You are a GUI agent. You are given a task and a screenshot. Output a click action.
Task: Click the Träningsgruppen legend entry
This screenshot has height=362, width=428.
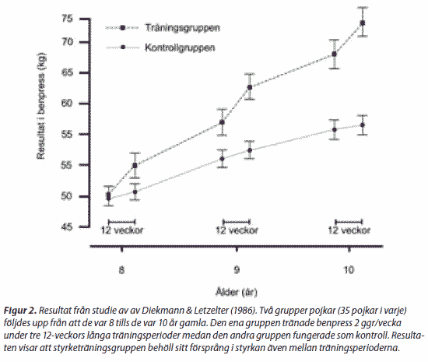163,27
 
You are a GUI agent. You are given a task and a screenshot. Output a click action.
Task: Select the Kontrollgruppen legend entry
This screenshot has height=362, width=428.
160,47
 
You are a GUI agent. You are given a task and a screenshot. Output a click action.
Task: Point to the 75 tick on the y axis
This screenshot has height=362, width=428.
68,19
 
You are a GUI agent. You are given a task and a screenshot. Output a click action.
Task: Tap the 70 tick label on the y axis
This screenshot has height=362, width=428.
68,42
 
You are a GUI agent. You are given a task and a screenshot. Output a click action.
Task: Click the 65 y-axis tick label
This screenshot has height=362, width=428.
68,72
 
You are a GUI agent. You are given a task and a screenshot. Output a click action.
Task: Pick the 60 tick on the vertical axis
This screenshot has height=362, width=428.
68,104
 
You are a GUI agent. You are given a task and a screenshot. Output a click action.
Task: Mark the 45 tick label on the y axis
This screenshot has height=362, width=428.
68,227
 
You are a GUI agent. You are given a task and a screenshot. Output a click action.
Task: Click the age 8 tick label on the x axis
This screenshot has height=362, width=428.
121,270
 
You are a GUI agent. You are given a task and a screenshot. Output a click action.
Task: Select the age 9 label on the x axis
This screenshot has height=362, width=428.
237,270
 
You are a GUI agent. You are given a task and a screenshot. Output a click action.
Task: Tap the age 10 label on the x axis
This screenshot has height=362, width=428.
349,270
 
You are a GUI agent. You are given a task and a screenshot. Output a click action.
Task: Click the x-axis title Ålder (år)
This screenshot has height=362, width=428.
237,292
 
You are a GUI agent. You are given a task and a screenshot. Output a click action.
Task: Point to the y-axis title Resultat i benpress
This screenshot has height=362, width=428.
41,106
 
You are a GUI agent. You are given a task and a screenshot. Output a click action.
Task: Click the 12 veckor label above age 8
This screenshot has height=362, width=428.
122,230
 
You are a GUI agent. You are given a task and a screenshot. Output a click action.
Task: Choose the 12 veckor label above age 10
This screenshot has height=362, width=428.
349,230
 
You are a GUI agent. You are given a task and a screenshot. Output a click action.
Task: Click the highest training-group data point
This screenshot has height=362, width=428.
363,23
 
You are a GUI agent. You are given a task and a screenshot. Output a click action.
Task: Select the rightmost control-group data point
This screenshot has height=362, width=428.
363,125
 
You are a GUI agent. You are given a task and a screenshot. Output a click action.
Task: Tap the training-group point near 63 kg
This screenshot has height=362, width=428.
250,87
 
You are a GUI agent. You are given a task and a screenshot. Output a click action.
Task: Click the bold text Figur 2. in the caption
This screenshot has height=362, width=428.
20,311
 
